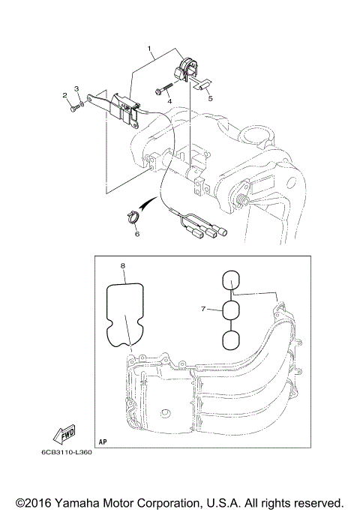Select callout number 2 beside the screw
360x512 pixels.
(x=65, y=95)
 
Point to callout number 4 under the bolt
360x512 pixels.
(x=169, y=100)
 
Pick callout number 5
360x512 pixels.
(x=211, y=98)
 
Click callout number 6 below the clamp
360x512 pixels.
(x=137, y=234)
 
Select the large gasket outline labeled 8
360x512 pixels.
(x=125, y=315)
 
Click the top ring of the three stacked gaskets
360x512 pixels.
(x=232, y=281)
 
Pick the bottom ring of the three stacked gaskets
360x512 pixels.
(x=232, y=340)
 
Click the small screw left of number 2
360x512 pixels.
(x=72, y=109)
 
